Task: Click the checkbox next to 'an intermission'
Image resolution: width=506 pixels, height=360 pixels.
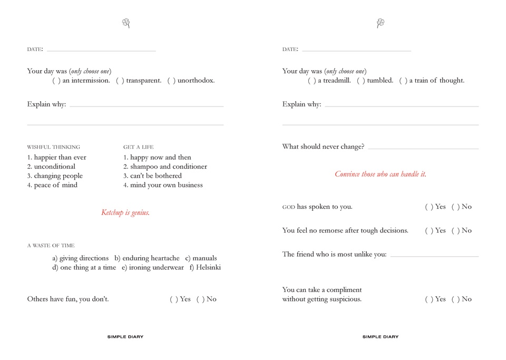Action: click(56, 81)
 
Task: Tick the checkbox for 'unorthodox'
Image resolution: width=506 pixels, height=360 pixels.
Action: click(171, 81)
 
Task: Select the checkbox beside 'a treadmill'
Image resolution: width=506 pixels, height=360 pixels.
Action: click(312, 81)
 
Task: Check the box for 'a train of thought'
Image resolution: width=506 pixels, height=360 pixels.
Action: click(403, 81)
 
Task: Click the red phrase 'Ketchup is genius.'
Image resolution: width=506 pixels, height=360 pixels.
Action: click(125, 213)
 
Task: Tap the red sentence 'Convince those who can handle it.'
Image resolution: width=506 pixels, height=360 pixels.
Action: click(381, 174)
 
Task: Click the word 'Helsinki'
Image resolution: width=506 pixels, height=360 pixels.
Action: click(208, 267)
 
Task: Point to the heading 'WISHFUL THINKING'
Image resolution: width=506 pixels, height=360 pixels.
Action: click(54, 147)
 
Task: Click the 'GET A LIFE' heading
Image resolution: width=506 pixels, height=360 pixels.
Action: click(139, 147)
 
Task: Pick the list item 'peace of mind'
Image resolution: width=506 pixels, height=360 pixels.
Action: click(55, 185)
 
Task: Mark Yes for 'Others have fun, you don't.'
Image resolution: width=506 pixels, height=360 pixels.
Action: click(173, 299)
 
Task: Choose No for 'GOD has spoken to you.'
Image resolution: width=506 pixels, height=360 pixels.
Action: click(455, 207)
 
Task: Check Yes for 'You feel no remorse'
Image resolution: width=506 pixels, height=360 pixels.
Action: click(429, 231)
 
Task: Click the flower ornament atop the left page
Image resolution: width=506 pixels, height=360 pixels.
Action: click(126, 23)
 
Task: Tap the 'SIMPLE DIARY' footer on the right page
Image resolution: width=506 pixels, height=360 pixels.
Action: click(381, 337)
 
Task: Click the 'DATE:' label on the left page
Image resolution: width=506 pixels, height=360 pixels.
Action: click(35, 49)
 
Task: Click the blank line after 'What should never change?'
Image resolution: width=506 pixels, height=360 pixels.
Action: click(423, 148)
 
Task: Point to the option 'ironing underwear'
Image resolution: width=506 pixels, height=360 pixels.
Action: click(156, 267)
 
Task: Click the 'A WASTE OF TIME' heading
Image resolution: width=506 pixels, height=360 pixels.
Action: click(51, 246)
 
